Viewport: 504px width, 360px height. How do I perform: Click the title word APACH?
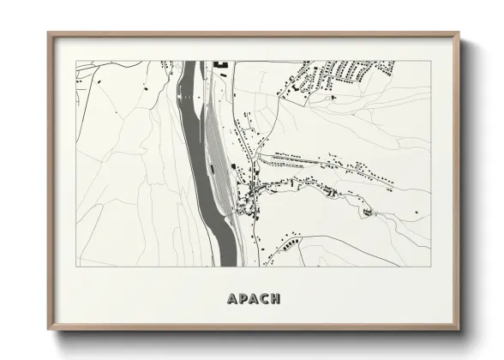point(253,299)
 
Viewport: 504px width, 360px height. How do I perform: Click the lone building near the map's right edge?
point(368,212)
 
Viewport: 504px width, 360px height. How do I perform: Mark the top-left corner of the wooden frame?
point(49,33)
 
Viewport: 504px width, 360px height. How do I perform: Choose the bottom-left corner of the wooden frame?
point(49,329)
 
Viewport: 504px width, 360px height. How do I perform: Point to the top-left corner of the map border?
point(75,61)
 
